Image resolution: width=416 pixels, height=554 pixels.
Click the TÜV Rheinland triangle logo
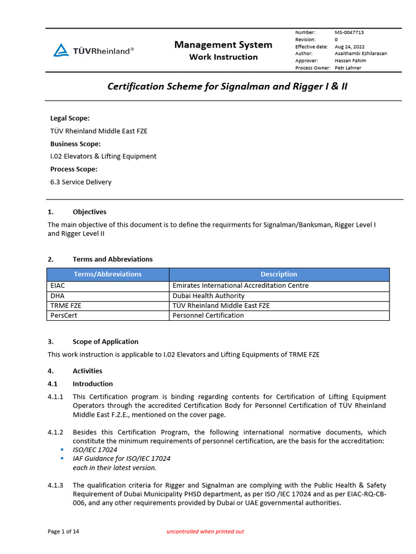(61, 51)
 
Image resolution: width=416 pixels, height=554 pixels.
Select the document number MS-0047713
(353, 32)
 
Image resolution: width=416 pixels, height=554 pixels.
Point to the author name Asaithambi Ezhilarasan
(361, 54)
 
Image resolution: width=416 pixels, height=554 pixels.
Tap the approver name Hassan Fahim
(350, 61)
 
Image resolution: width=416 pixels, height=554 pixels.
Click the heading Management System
(223, 45)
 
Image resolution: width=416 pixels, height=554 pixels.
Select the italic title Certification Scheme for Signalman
(227, 86)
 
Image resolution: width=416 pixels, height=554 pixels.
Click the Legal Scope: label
(70, 118)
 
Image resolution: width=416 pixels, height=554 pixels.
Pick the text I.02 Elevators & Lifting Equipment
(103, 156)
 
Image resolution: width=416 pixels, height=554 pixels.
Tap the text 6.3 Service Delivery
(81, 182)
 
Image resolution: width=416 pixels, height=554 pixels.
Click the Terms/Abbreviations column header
(108, 274)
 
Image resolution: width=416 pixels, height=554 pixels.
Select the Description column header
(279, 274)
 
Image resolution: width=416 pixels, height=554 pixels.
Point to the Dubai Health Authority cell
(209, 296)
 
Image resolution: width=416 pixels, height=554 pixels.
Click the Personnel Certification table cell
(208, 315)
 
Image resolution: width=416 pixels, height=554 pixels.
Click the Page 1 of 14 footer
(63, 532)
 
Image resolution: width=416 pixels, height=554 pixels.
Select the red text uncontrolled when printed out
(205, 532)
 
